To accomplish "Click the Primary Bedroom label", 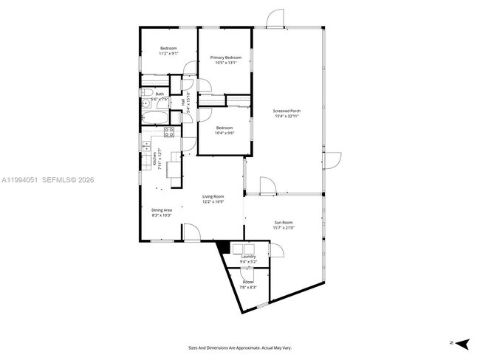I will [x=226, y=58].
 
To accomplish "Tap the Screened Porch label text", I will [x=287, y=111].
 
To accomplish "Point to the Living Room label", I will [x=213, y=196].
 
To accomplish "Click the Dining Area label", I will [x=161, y=210].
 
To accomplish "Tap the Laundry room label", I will [x=248, y=257].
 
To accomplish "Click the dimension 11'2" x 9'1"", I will [x=168, y=54].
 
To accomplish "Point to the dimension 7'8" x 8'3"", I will [x=247, y=287].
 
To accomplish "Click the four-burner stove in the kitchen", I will [x=168, y=133].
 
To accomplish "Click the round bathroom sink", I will [x=148, y=93].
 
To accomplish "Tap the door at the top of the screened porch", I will [x=275, y=19].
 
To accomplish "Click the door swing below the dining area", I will [x=191, y=232].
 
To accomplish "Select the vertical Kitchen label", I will [x=154, y=158].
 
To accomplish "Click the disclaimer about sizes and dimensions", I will [x=239, y=347].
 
